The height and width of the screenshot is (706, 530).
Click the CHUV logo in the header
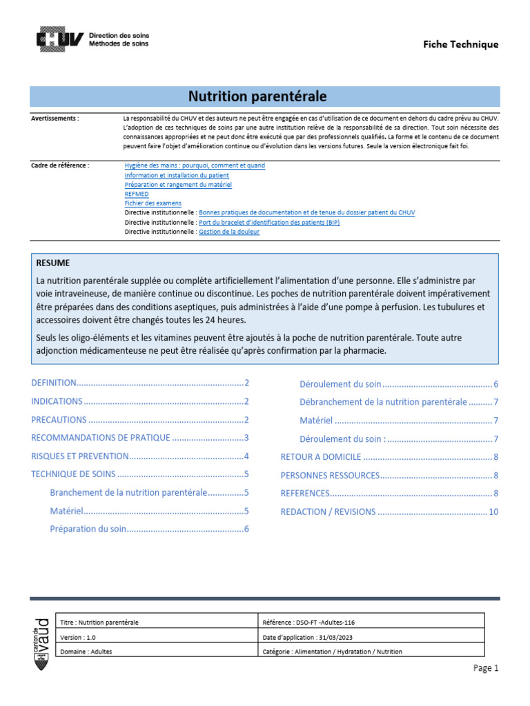coord(60,39)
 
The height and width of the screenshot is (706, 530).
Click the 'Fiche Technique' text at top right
coord(460,44)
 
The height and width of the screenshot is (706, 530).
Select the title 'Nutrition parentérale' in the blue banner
coord(258,96)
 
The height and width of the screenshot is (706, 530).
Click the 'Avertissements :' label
coord(55,119)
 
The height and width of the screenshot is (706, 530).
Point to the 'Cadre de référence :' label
coord(60,165)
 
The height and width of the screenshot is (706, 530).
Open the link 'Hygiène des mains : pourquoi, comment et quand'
coord(194,165)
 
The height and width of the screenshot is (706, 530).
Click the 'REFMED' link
coord(136,194)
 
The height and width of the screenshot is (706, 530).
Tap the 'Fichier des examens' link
coord(153,203)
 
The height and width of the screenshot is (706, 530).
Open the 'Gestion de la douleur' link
coord(229,232)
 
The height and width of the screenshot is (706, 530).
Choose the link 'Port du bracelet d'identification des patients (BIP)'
coord(268,223)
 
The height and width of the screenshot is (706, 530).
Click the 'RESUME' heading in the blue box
coord(53,263)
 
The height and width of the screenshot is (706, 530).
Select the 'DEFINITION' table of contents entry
coord(54,383)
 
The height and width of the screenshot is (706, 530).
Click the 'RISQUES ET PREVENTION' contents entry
coord(80,456)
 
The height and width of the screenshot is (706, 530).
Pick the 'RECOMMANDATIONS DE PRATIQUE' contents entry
coord(101,438)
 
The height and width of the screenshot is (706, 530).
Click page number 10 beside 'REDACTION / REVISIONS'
coord(493,512)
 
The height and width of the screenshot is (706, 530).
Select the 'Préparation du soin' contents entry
coord(88,529)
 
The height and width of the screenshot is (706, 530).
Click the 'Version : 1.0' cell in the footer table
coord(79,637)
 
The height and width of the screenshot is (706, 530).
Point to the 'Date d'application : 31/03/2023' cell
coord(312,637)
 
